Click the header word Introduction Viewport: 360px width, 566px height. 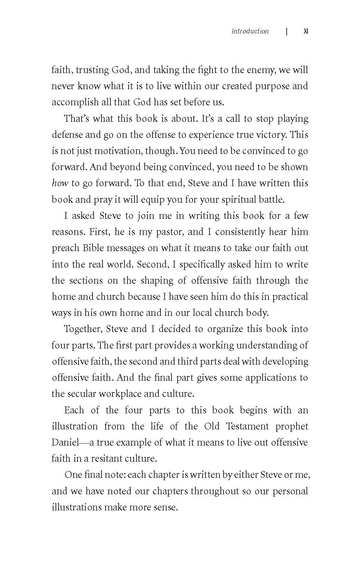tap(250, 32)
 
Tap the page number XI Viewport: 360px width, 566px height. tap(306, 32)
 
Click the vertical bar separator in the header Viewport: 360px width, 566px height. tap(287, 32)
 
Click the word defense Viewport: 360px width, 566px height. tap(67, 135)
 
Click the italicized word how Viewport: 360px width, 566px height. tap(60, 183)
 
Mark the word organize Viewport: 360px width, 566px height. tap(225, 329)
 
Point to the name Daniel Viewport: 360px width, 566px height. tap(65, 443)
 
